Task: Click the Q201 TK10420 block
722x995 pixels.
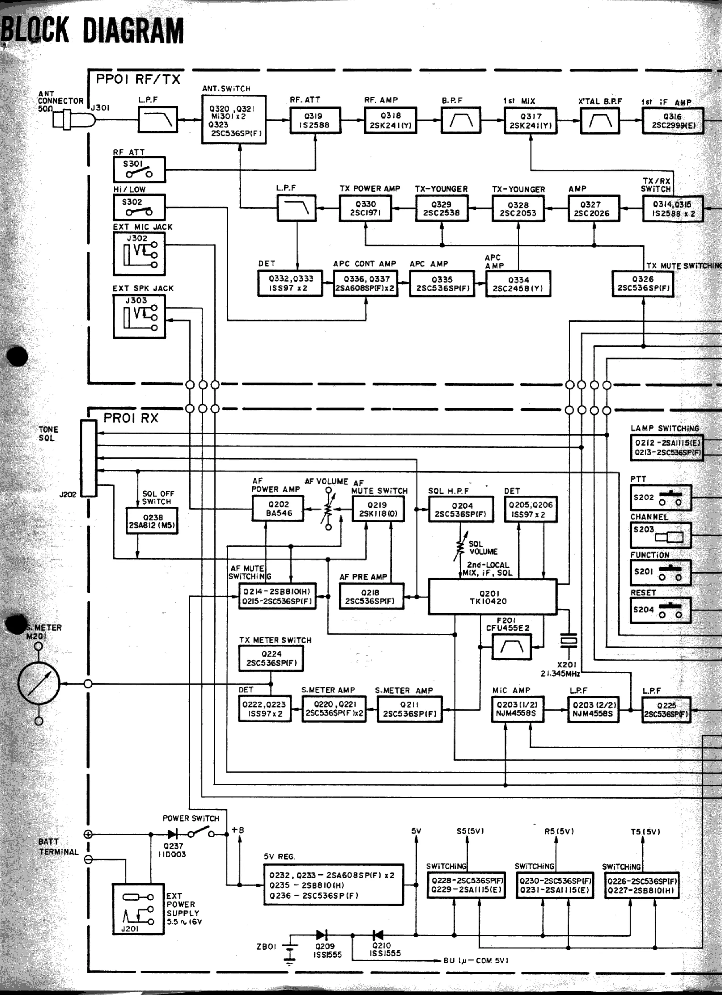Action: point(492,597)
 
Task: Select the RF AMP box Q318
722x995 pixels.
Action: point(390,121)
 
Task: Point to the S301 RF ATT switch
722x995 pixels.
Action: point(139,169)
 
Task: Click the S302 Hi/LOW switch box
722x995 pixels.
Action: point(139,207)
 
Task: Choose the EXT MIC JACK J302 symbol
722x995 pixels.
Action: point(139,254)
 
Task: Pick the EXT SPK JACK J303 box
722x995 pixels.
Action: point(139,316)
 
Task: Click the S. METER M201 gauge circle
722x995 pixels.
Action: point(39,683)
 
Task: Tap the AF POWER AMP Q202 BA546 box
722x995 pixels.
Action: point(278,509)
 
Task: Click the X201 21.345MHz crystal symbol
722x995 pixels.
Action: point(569,641)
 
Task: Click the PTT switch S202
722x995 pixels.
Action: point(660,498)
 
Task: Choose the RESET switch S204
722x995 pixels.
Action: point(660,610)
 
